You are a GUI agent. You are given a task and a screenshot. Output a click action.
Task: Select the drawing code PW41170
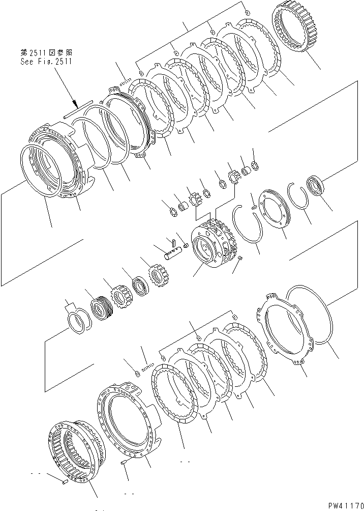(342, 505)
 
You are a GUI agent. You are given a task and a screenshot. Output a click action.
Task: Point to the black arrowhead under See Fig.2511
(74, 104)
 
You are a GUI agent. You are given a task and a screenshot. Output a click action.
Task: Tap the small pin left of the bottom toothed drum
(64, 481)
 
